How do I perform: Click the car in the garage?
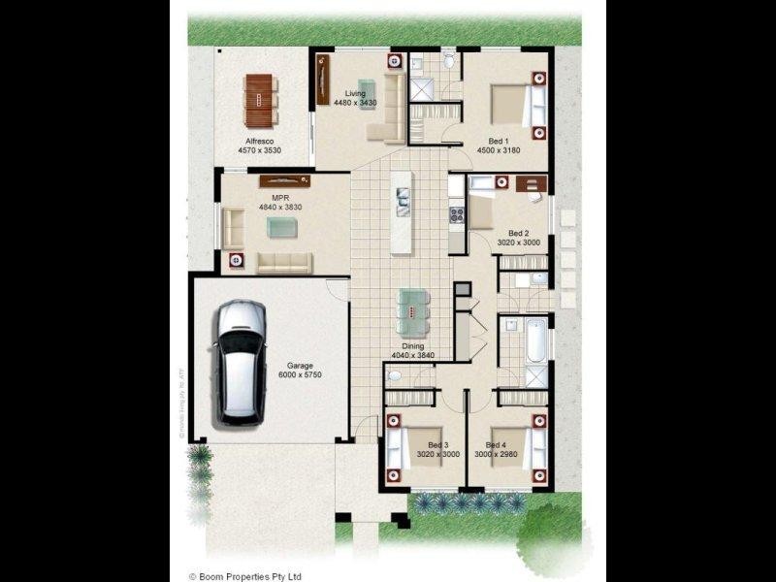coord(239,361)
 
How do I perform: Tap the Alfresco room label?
coord(259,142)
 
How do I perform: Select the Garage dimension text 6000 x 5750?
coord(300,374)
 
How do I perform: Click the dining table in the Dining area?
coord(411,310)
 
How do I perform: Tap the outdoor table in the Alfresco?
coord(260,100)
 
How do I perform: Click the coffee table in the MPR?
coord(281,227)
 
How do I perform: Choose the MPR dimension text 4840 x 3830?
coord(282,208)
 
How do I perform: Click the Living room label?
coord(354,93)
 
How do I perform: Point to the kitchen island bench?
coord(402,212)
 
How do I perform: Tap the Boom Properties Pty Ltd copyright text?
coord(245,574)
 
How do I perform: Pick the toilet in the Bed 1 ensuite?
coord(448,60)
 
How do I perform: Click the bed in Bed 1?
coord(510,105)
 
